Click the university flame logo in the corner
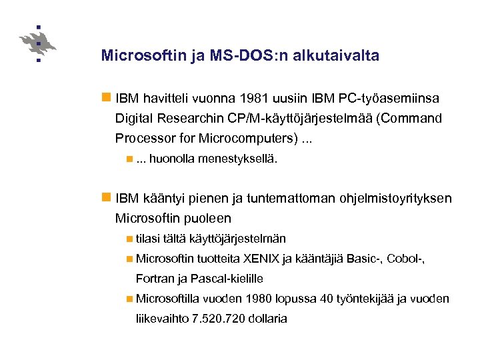[x=39, y=44]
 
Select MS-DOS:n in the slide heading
[x=238, y=56]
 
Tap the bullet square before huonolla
[x=129, y=159]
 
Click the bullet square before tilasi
[x=129, y=238]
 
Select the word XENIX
[x=262, y=258]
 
